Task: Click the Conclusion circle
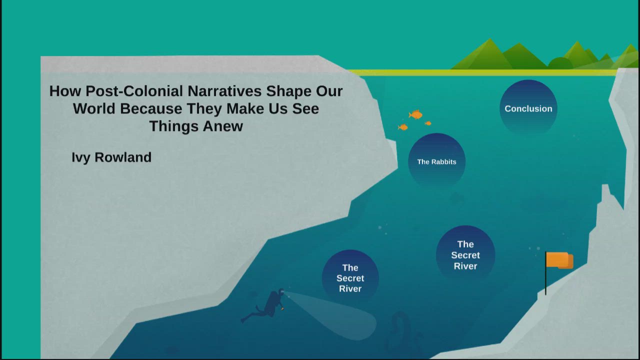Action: [x=528, y=108]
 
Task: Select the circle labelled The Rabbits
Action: [x=436, y=161]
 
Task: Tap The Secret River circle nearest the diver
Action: [x=350, y=278]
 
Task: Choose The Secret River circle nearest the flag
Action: [x=465, y=255]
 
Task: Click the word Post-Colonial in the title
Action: [x=134, y=91]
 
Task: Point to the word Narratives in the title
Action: [x=224, y=91]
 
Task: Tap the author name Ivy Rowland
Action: [x=111, y=157]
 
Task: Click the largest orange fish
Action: [x=415, y=114]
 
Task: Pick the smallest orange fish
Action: [x=428, y=123]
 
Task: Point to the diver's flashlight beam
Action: [x=331, y=314]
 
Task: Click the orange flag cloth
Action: [x=559, y=260]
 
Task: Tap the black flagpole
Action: [x=545, y=273]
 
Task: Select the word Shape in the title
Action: [x=289, y=91]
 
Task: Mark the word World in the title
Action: [x=94, y=108]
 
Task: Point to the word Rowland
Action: [x=123, y=157]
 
